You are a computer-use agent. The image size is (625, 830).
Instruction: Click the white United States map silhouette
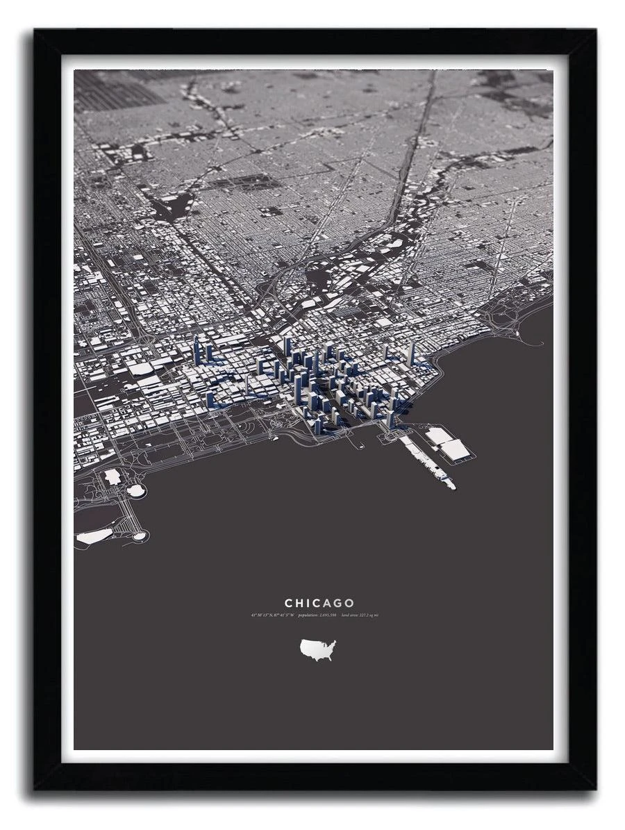[317, 650]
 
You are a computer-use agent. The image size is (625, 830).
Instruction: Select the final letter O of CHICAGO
[349, 604]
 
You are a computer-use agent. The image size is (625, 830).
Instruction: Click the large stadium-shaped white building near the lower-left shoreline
[112, 477]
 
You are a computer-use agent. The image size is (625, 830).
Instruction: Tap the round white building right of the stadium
[135, 490]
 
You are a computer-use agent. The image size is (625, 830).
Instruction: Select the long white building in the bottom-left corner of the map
[94, 536]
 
